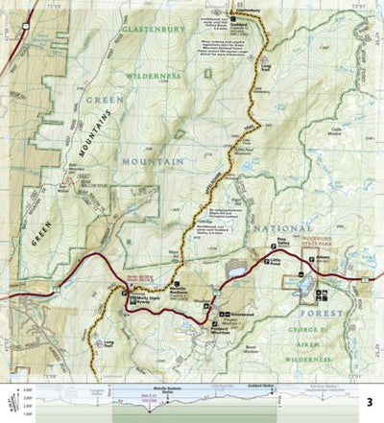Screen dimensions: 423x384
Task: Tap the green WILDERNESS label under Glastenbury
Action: click(x=152, y=75)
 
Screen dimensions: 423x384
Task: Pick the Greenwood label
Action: click(x=239, y=314)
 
